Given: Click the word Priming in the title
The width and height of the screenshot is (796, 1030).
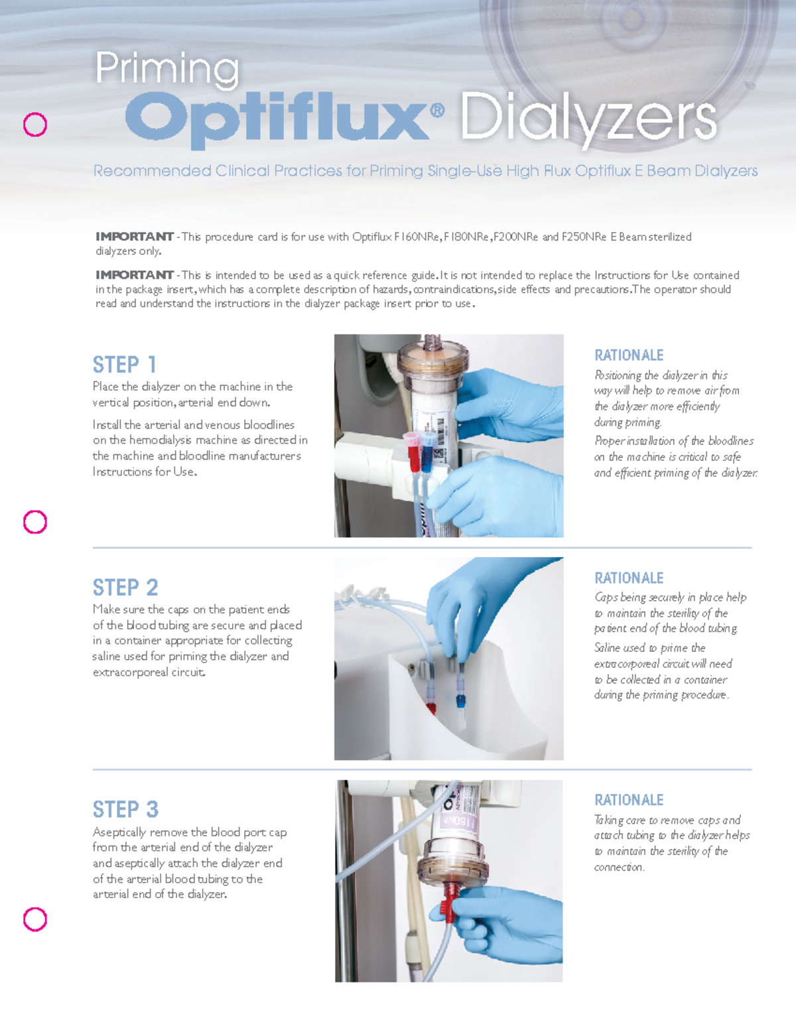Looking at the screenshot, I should (x=166, y=69).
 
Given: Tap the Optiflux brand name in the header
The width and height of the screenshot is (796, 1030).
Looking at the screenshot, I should (x=277, y=117).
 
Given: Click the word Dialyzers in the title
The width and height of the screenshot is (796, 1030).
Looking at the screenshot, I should (x=588, y=118).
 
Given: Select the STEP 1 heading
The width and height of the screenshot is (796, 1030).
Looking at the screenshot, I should (x=125, y=365).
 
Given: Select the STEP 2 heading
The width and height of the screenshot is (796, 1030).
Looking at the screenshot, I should (x=125, y=588).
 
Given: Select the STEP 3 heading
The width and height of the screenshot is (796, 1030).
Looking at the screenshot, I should (x=125, y=810).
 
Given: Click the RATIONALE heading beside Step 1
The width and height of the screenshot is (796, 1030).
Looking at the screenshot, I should (x=629, y=355).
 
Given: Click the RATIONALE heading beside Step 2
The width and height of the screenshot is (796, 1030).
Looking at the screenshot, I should (x=629, y=578).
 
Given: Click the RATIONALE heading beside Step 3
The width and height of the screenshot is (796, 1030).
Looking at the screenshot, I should (x=629, y=801).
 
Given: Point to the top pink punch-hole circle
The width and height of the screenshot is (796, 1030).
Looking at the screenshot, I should (x=35, y=125).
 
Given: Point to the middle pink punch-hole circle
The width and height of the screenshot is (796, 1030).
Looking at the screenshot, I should (x=35, y=522).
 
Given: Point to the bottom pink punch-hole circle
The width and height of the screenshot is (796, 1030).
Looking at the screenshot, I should (x=35, y=919).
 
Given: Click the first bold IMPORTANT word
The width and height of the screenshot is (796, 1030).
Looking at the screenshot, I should (x=134, y=237).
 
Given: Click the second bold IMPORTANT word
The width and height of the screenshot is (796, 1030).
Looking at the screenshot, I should (x=134, y=275).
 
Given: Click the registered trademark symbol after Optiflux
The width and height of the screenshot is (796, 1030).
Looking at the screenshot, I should (x=437, y=111).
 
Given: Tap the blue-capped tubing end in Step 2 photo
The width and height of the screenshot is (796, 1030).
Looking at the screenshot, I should (x=460, y=699).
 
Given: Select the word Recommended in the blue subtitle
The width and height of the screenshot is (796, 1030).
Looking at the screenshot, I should (x=152, y=171).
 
